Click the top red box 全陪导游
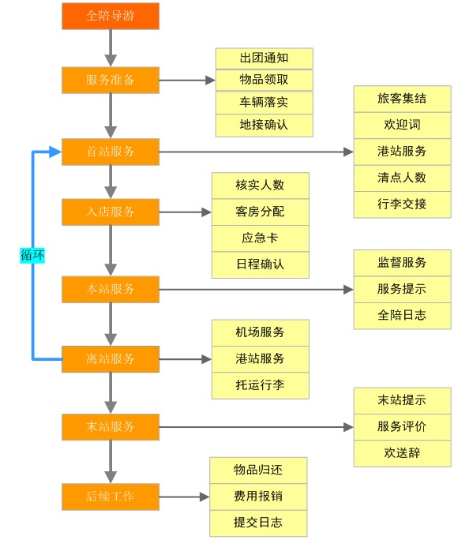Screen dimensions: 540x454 click(110, 16)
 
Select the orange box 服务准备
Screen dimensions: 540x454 click(110, 80)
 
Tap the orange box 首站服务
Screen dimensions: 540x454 click(110, 152)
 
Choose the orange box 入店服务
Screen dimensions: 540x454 click(110, 212)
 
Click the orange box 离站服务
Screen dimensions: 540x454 click(110, 358)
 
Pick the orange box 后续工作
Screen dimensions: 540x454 click(110, 497)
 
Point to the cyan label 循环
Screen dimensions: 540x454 click(32, 255)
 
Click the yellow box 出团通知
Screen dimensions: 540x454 click(264, 58)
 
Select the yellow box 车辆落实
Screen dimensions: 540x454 click(264, 103)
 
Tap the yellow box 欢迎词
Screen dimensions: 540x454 click(402, 125)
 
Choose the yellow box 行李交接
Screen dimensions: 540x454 click(402, 204)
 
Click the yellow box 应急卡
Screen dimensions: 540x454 click(260, 238)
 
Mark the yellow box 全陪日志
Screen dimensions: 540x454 click(402, 315)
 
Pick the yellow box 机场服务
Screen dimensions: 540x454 click(260, 332)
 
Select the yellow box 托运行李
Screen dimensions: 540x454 click(260, 385)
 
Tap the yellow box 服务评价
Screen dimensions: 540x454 click(402, 426)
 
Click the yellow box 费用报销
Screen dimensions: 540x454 click(257, 497)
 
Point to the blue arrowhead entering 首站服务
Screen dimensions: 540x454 click(55, 152)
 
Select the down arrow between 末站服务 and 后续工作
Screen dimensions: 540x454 click(111, 461)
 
